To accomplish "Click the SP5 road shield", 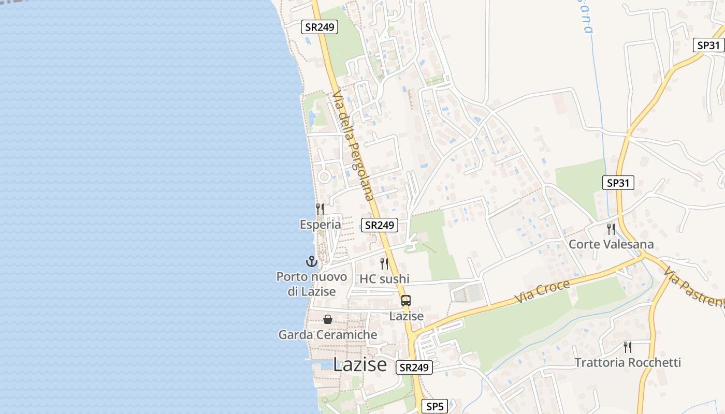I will (x=434, y=407).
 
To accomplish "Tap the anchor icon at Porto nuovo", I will (x=311, y=261).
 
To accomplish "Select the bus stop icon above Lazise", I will (x=406, y=301).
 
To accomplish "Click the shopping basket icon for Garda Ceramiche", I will (x=328, y=319).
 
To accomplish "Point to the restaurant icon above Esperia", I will (x=320, y=209).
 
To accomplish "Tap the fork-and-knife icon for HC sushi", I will (x=384, y=263).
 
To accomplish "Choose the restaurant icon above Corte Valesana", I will (x=611, y=229).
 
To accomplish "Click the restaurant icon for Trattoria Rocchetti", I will (x=628, y=347).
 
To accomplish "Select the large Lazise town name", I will (x=359, y=364).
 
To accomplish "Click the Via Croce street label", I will (x=542, y=292).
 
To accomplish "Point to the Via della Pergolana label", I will (x=353, y=146).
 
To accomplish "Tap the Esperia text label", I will (x=320, y=225).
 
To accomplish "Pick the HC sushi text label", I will (x=384, y=279).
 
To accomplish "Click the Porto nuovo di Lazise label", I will (x=312, y=284).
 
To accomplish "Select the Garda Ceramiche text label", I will (x=328, y=335).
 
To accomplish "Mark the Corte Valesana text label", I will (x=611, y=244).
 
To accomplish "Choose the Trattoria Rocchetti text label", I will (x=628, y=362).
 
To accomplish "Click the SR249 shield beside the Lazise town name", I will (x=414, y=367).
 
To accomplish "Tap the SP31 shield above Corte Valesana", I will (x=618, y=183).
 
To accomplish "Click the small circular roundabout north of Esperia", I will (x=325, y=176).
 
